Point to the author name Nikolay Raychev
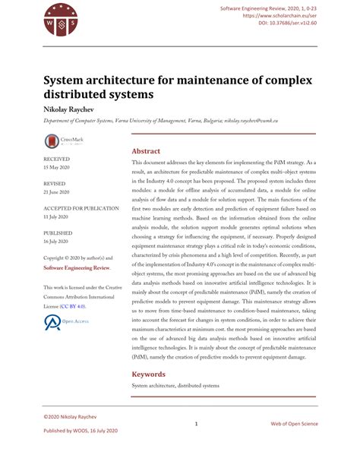pos(73,109)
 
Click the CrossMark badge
pos(66,141)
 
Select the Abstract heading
pos(146,151)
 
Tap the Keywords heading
pos(149,375)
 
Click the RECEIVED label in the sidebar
pos(57,160)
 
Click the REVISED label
pos(55,184)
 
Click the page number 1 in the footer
pos(196,424)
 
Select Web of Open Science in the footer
pos(294,424)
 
